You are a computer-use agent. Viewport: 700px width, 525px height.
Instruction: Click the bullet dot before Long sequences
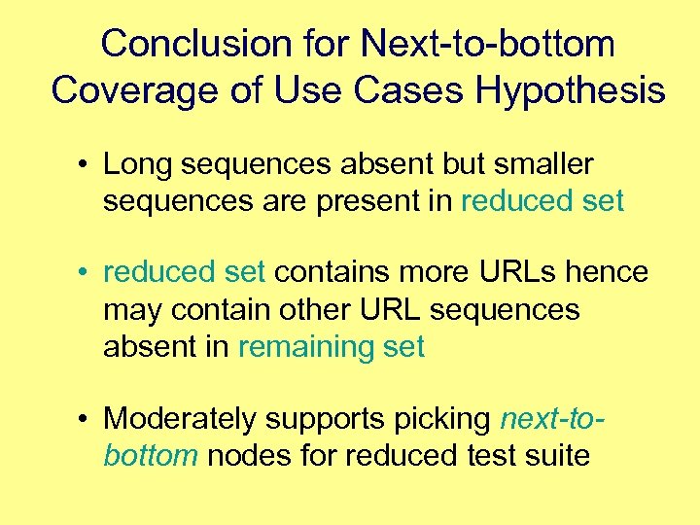pyautogui.click(x=87, y=165)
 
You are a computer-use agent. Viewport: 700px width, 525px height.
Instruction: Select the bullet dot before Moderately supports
pyautogui.click(x=87, y=420)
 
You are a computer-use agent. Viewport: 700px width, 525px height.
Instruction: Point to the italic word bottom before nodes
pyautogui.click(x=150, y=455)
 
